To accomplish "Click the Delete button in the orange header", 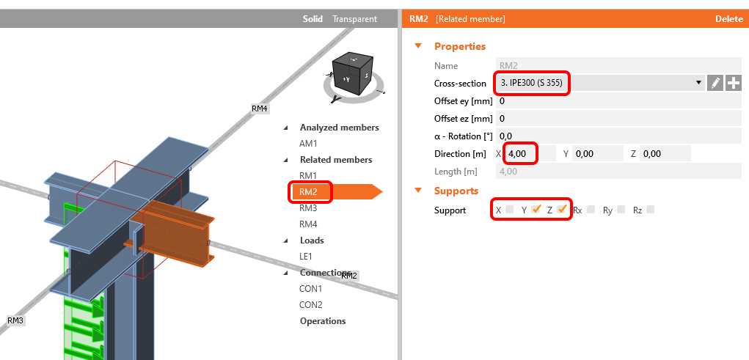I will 728,19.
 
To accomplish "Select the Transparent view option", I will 354,19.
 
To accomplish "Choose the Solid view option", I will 313,19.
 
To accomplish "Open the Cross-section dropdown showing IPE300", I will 599,83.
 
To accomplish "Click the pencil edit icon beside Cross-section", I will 715,83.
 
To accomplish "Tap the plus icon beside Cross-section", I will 734,83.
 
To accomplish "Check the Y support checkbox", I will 536,210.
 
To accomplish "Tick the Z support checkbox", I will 562,210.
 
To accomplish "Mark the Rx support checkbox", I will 591,210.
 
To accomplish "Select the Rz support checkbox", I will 650,210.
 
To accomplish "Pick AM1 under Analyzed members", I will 308,144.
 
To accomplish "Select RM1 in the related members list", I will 308,176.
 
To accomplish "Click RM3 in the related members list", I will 308,208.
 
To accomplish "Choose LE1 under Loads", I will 306,257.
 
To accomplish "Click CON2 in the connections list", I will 310,305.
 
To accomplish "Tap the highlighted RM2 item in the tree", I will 308,192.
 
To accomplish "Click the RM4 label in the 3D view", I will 260,109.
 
